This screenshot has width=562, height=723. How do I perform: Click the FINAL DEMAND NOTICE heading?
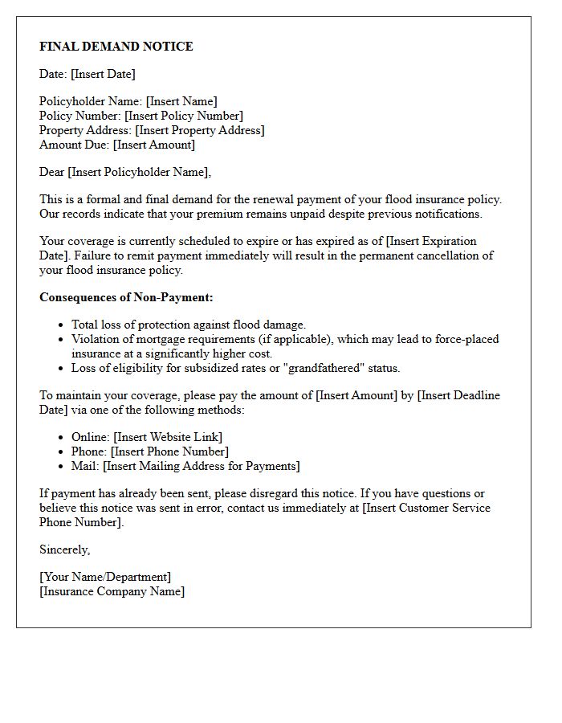[116, 47]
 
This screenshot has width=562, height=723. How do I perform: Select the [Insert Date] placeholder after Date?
[103, 74]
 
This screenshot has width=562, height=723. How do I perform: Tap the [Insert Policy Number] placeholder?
[183, 116]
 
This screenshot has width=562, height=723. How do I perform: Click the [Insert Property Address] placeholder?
[199, 130]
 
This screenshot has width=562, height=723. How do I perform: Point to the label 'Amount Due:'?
[75, 145]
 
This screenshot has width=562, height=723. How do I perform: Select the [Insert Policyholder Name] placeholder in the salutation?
[139, 172]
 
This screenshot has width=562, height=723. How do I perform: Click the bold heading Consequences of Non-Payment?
[126, 297]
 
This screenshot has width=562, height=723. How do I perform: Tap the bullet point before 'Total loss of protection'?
[62, 325]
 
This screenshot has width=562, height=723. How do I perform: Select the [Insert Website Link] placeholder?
[168, 437]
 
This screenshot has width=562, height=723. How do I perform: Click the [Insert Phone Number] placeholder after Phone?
[169, 451]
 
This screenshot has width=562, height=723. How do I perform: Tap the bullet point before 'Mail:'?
[62, 467]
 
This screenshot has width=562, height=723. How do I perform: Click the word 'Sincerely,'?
[64, 549]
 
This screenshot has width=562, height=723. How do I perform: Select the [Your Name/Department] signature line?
[105, 577]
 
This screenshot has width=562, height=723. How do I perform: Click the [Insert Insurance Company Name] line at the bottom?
[112, 591]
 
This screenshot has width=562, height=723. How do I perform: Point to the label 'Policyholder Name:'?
[91, 101]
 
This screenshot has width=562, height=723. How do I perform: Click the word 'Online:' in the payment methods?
[90, 437]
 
